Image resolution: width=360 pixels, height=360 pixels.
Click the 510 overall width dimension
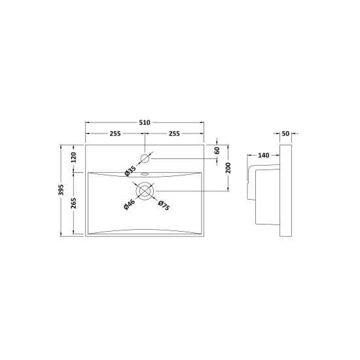click(145, 122)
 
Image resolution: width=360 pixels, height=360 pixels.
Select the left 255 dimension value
click(115, 134)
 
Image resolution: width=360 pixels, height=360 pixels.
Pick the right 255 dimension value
click(174, 134)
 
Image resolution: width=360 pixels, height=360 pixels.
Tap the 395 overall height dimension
click(61, 190)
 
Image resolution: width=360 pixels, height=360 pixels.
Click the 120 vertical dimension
click(73, 158)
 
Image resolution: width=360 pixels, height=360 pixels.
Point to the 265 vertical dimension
click(73, 203)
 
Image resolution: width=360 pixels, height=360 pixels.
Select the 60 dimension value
click(217, 151)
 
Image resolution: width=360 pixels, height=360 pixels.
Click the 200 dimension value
click(228, 168)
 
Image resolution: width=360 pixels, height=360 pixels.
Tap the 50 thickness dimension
click(285, 134)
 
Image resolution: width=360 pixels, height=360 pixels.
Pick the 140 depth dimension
click(264, 155)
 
